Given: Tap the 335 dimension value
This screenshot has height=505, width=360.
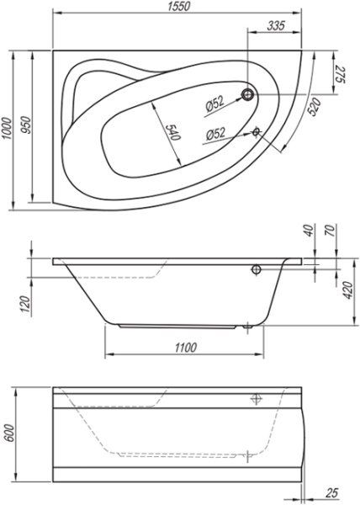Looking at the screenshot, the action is click(x=276, y=25).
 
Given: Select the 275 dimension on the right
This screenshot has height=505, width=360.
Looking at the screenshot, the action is click(x=341, y=75).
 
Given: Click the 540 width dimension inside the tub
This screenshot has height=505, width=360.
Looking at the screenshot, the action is click(x=172, y=132).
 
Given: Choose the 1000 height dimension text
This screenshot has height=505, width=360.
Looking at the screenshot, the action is click(x=7, y=128).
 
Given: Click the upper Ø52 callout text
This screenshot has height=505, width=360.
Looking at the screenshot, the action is click(x=214, y=104).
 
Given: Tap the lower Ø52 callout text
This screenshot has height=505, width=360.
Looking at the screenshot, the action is click(x=215, y=134).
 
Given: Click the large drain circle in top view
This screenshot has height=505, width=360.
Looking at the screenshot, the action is click(x=248, y=94).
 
